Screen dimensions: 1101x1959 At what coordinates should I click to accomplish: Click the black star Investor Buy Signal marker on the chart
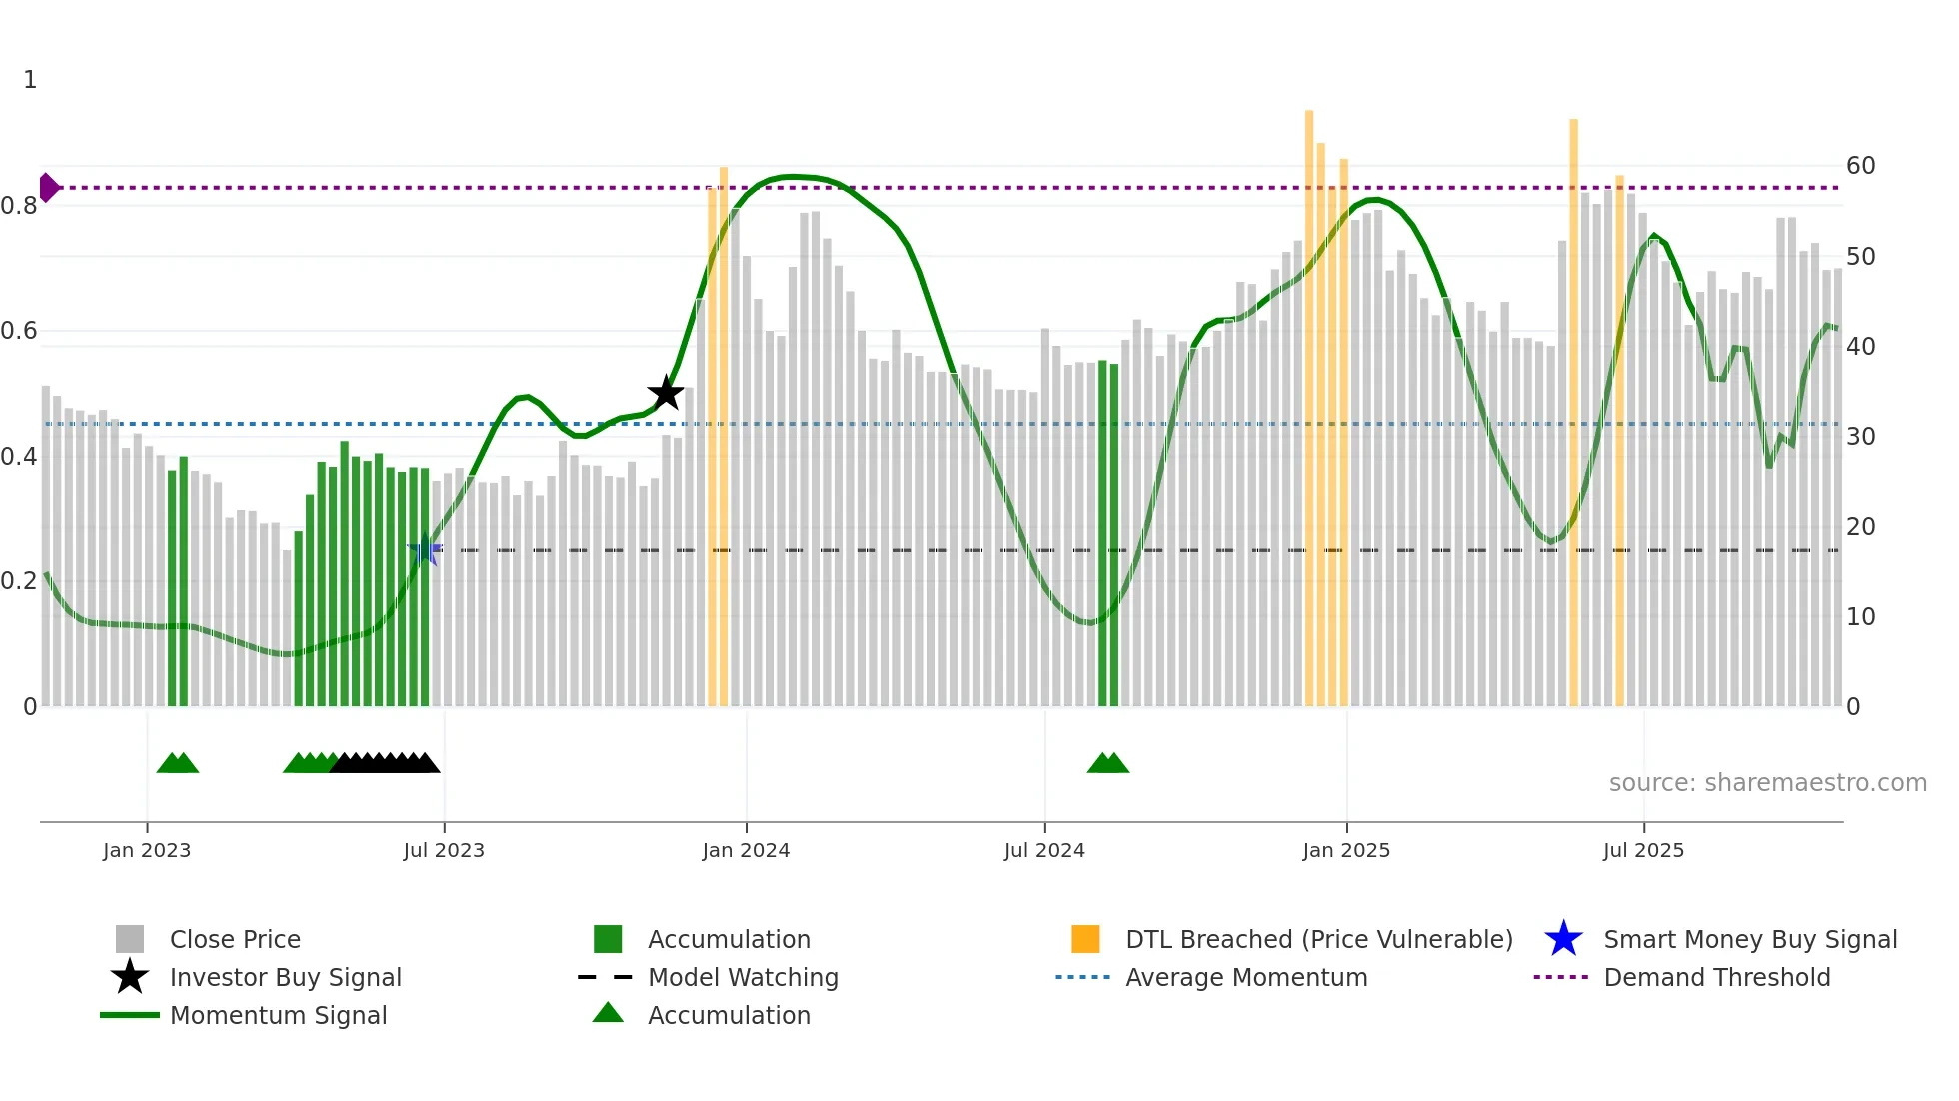tap(666, 393)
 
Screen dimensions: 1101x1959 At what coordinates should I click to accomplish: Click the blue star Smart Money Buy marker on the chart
tap(426, 550)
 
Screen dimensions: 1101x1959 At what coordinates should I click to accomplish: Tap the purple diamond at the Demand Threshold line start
tap(48, 187)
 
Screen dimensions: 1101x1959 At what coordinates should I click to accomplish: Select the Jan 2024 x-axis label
tap(746, 850)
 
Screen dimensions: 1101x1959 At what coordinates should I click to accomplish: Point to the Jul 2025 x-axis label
tap(1643, 850)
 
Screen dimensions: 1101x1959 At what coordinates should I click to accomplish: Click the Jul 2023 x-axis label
tap(444, 850)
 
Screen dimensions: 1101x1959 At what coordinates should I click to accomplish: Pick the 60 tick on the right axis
tap(1860, 166)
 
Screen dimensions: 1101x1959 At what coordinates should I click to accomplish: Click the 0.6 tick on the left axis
tap(20, 331)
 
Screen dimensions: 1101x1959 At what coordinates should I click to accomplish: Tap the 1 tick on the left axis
tap(30, 80)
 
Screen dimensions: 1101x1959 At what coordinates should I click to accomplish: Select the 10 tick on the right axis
tap(1860, 617)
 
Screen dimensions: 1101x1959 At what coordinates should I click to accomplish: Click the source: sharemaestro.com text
tap(1767, 783)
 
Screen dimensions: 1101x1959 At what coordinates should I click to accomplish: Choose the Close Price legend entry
tap(235, 939)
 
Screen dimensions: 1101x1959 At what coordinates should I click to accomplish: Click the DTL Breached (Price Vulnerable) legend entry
tap(1318, 939)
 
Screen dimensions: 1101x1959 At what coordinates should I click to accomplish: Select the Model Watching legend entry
tap(743, 977)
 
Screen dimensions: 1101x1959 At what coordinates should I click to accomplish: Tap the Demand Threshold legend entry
tap(1716, 977)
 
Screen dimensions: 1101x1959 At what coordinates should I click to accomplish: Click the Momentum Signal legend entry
tap(278, 1015)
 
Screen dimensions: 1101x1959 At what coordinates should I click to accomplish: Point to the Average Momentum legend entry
tap(1246, 977)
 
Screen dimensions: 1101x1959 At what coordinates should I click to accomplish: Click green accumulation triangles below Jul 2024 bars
tap(1108, 763)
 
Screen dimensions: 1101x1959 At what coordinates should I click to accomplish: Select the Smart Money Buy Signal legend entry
tap(1749, 939)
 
